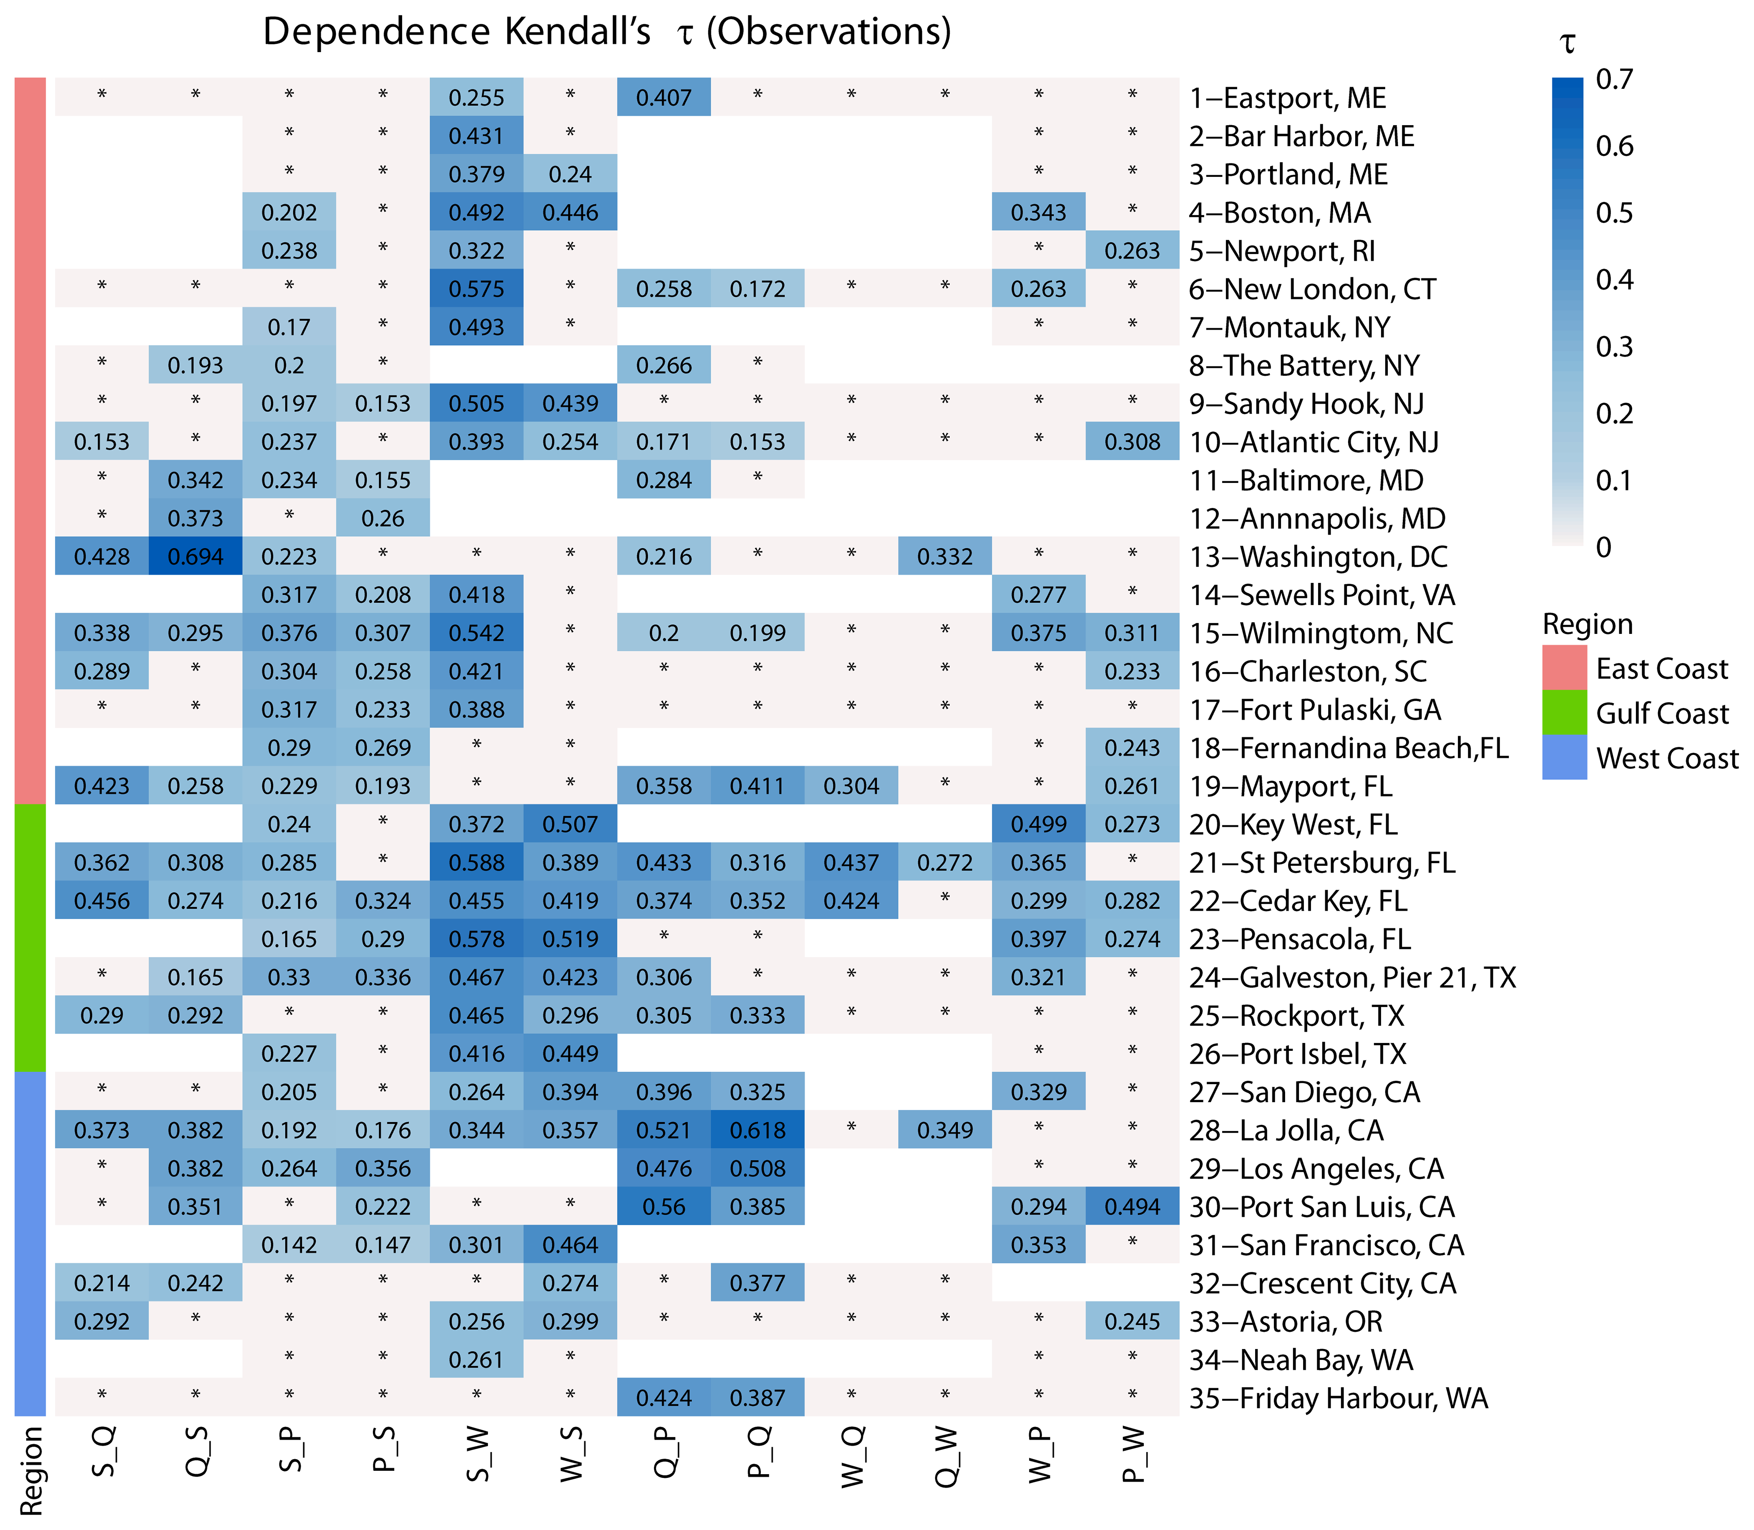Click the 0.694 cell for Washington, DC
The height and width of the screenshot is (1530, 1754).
(196, 557)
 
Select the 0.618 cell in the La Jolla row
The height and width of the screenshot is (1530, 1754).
(757, 1131)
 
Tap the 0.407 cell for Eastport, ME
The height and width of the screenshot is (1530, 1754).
(664, 97)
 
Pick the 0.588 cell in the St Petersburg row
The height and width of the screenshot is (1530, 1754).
(476, 862)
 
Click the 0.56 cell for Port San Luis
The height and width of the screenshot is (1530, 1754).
(664, 1206)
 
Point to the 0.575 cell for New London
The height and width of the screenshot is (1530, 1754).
(476, 289)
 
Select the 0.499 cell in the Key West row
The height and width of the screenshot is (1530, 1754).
(1038, 824)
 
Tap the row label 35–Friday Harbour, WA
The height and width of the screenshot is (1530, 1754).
(1338, 1398)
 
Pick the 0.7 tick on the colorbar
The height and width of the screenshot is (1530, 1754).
(1614, 79)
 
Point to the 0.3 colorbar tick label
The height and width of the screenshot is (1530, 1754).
(1614, 347)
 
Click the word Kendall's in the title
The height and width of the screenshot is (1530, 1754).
(577, 33)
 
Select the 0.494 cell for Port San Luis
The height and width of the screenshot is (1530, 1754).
(1132, 1206)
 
